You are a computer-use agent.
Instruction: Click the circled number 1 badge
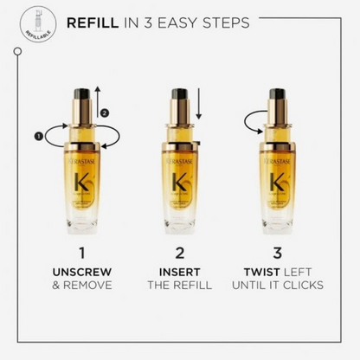[x=38, y=135]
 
